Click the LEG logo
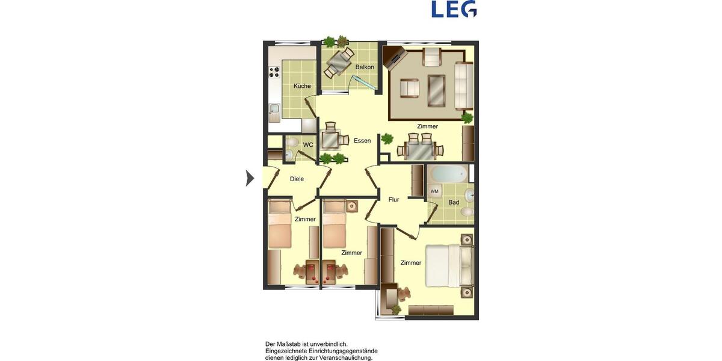(454, 9)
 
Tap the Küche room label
(302, 86)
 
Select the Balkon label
(365, 67)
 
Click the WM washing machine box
(434, 191)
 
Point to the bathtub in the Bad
(449, 174)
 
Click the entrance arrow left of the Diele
(250, 178)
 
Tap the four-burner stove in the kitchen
(274, 72)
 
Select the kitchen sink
(274, 112)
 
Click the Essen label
(362, 141)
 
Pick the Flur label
(393, 200)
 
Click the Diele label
(297, 179)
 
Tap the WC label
(308, 145)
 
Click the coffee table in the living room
(436, 91)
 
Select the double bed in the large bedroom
(448, 265)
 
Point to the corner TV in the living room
(395, 57)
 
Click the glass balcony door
(364, 84)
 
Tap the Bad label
(454, 202)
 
